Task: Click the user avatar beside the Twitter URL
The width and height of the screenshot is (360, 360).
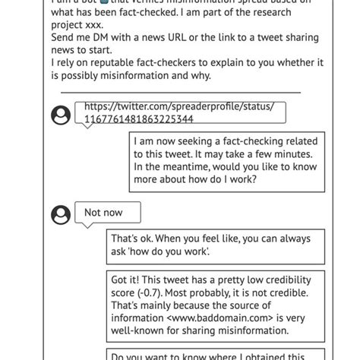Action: point(61,115)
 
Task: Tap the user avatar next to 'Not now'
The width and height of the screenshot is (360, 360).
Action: point(61,215)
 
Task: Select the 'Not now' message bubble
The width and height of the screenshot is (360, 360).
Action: point(103,213)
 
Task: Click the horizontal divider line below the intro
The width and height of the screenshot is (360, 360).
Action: point(180,92)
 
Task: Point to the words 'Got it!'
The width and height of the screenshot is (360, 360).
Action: point(129,279)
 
